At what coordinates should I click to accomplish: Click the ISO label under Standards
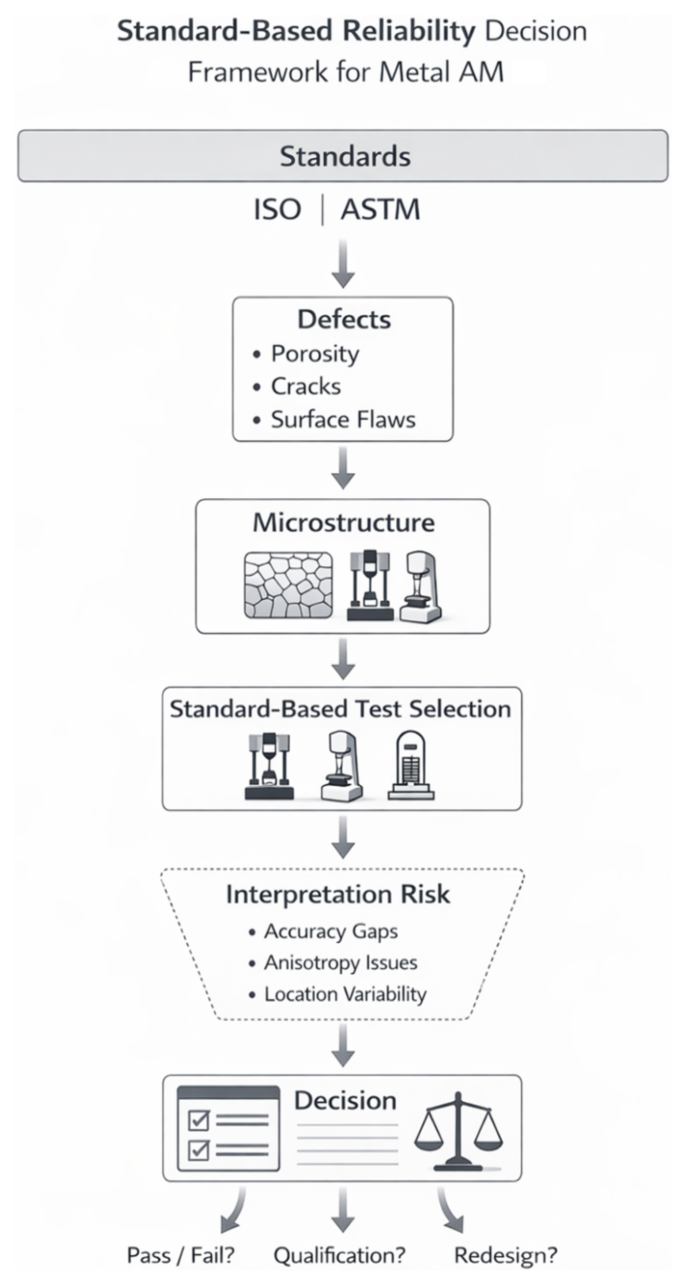click(278, 209)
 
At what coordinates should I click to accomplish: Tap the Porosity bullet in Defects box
click(314, 354)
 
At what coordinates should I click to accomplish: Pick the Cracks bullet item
click(304, 386)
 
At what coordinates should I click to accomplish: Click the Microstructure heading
click(343, 523)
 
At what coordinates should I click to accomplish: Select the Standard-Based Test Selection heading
click(341, 709)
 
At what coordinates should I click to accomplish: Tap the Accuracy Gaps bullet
click(330, 932)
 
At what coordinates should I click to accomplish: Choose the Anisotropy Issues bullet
click(341, 962)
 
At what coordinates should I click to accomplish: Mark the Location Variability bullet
click(345, 993)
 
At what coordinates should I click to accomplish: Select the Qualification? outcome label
click(339, 1256)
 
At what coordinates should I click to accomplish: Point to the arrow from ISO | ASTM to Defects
click(343, 263)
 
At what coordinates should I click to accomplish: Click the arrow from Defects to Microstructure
click(343, 468)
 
